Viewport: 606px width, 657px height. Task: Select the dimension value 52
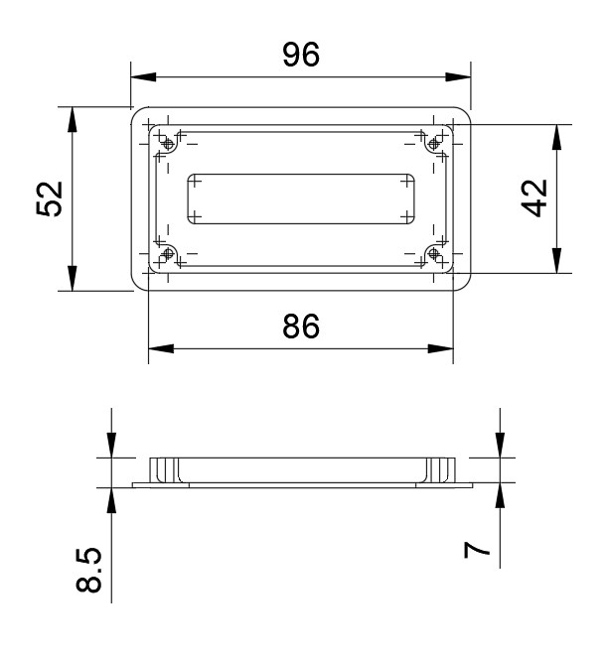[51, 198]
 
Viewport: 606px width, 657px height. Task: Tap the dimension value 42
[536, 198]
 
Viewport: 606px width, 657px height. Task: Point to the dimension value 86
[300, 327]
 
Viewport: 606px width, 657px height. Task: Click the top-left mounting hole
[168, 146]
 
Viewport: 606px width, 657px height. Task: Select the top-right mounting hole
[433, 146]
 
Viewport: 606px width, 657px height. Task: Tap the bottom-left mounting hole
[168, 255]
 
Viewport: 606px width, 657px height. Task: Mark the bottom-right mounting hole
[433, 255]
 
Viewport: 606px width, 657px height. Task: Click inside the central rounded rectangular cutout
[301, 199]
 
